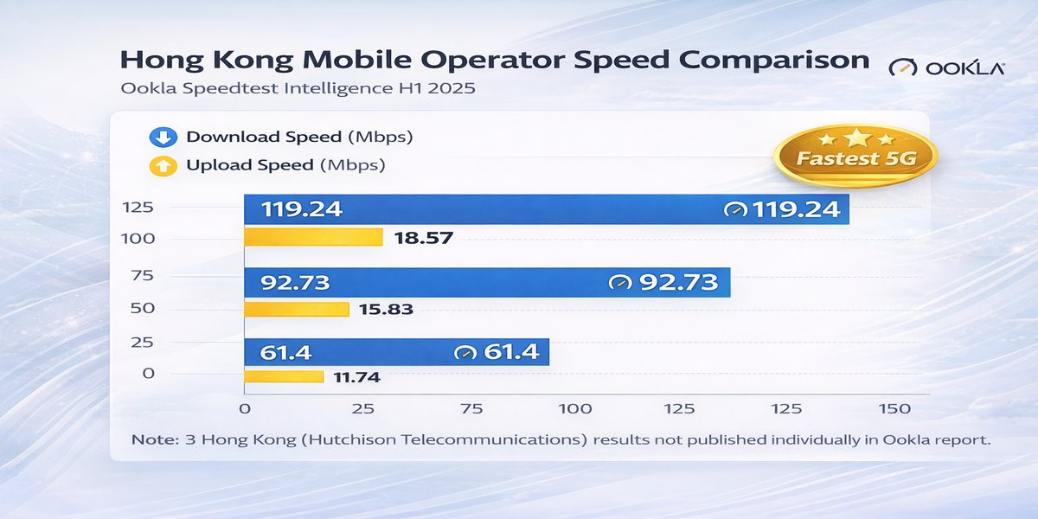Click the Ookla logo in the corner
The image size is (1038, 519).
tap(946, 67)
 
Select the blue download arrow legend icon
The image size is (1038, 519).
tap(163, 137)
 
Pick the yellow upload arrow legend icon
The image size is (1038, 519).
tap(163, 164)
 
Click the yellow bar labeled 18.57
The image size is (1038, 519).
tap(313, 237)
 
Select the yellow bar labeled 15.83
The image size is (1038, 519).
tap(297, 309)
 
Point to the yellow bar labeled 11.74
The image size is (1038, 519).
tap(284, 376)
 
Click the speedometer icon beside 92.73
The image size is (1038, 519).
tap(620, 283)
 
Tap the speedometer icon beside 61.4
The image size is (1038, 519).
tap(465, 353)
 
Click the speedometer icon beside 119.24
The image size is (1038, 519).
tap(736, 210)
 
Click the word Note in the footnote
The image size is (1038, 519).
tap(155, 439)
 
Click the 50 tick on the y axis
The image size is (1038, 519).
tap(143, 309)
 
